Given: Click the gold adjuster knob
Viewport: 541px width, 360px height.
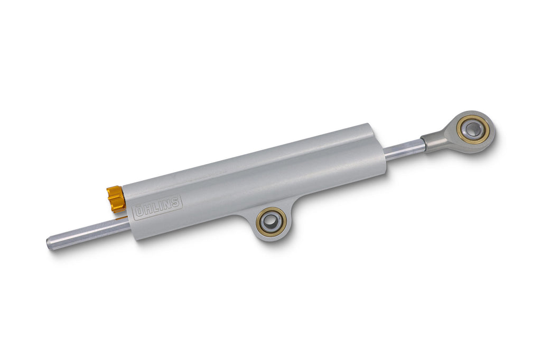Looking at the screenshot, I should (116, 198).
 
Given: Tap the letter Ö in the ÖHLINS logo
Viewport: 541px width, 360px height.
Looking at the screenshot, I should (139, 212).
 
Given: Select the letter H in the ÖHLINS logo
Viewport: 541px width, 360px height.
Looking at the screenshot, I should (147, 210).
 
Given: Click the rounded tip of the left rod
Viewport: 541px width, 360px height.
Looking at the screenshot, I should (49, 243).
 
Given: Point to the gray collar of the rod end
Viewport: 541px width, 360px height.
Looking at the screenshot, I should (433, 141).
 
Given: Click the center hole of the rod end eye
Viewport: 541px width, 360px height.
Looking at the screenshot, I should (472, 129).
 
